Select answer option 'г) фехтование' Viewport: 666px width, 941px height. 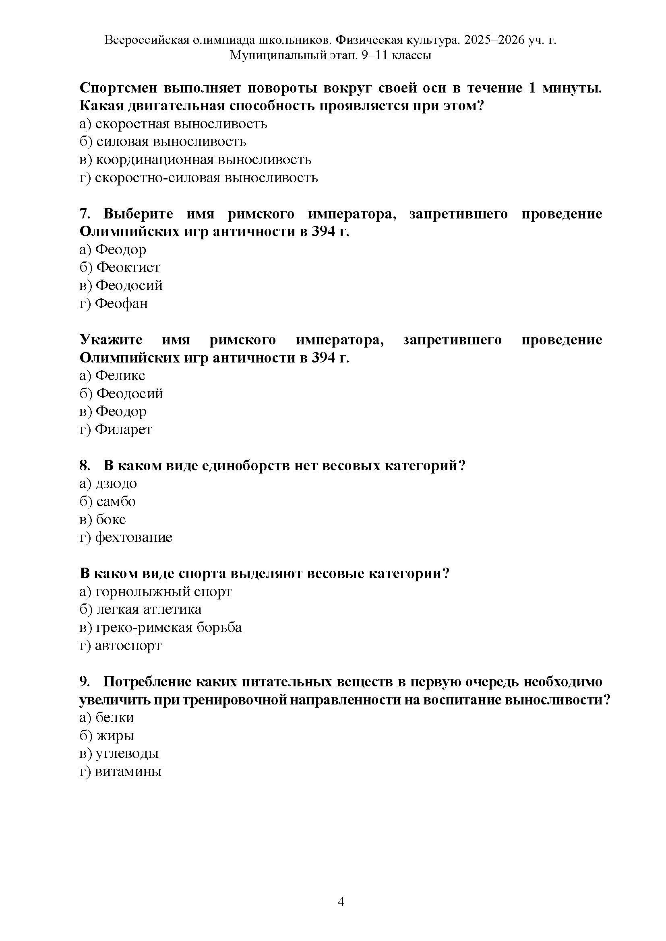[x=126, y=537]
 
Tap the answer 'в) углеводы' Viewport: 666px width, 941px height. [x=119, y=753]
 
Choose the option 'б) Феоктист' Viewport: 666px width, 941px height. [x=120, y=267]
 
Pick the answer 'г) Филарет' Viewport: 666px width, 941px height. [x=116, y=429]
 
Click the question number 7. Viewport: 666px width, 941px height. [x=84, y=214]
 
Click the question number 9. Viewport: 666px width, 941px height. [x=84, y=681]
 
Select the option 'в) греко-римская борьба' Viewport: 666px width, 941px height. [x=160, y=627]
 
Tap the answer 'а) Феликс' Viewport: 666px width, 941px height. [x=112, y=375]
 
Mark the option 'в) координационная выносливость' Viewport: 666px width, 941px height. [x=195, y=159]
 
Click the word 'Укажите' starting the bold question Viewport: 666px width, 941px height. [x=111, y=340]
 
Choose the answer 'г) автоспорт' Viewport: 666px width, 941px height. [x=120, y=645]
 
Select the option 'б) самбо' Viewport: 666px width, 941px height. [x=108, y=501]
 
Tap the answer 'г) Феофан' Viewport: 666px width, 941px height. [x=114, y=303]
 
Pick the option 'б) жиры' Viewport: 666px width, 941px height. [x=107, y=735]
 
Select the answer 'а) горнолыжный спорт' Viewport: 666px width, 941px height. [x=155, y=591]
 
